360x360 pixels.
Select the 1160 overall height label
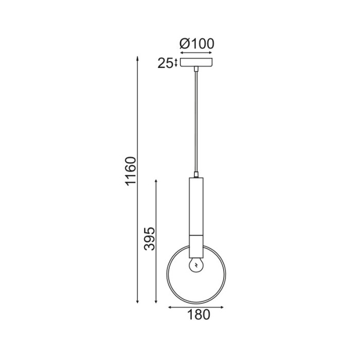[x=131, y=171]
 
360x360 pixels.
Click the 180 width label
[x=196, y=315]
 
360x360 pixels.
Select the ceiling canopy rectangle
[x=196, y=63]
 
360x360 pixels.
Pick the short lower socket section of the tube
[x=196, y=244]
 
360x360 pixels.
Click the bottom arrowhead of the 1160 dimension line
[x=137, y=302]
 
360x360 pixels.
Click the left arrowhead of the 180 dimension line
[x=170, y=308]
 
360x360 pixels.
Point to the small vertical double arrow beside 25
[x=176, y=63]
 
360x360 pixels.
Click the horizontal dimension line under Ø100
[x=196, y=52]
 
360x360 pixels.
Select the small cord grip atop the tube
[x=196, y=174]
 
